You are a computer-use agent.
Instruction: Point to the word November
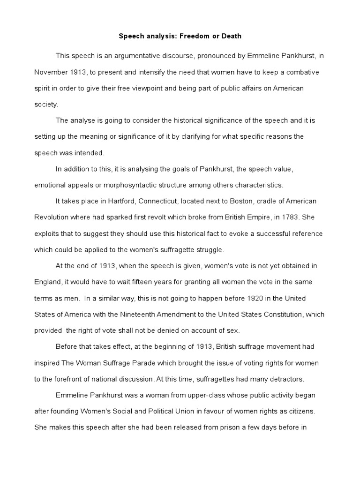[51, 72]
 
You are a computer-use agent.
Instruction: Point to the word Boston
[241, 201]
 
